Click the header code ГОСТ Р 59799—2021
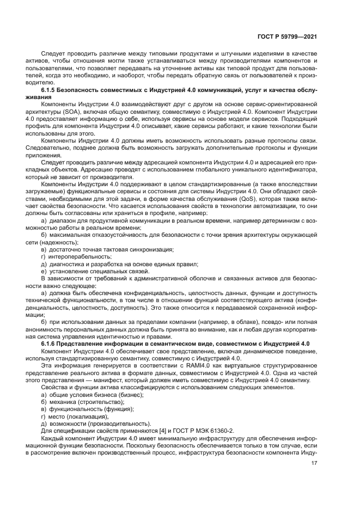(x=288, y=36)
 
